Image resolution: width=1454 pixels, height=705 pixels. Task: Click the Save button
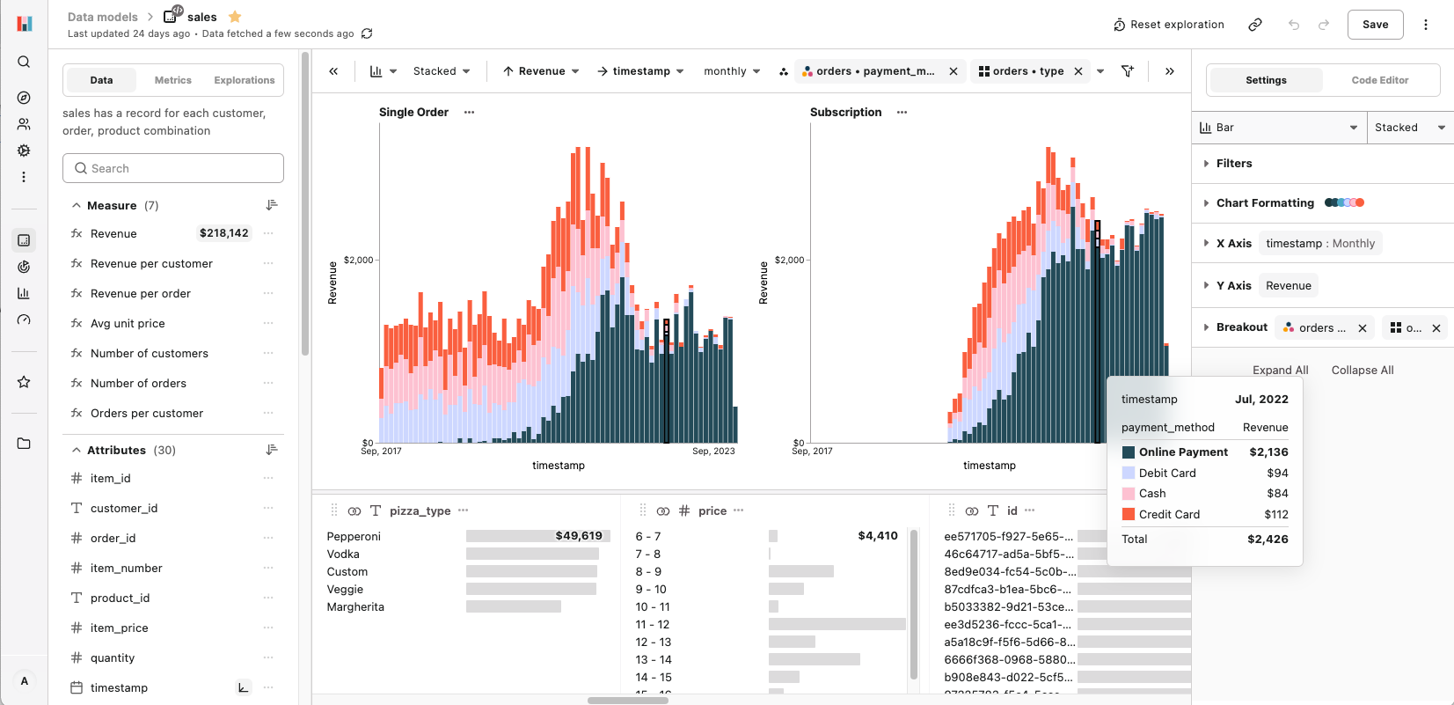click(1375, 25)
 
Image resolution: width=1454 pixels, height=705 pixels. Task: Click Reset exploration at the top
click(1168, 25)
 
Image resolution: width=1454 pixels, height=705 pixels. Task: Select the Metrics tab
click(172, 80)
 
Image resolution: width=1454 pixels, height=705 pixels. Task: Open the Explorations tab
click(244, 80)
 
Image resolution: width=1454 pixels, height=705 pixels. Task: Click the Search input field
click(173, 168)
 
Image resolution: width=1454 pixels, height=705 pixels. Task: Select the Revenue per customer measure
click(151, 263)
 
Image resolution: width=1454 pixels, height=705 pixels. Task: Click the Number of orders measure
click(138, 383)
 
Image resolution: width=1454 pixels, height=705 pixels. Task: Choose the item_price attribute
click(119, 628)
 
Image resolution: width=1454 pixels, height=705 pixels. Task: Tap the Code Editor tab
click(1379, 80)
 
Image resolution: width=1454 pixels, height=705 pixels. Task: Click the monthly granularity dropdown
click(731, 71)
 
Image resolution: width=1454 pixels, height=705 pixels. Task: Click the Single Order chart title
click(413, 112)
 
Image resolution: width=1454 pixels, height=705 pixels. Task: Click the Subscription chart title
click(845, 112)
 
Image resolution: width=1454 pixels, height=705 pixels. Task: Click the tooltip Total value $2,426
click(1267, 539)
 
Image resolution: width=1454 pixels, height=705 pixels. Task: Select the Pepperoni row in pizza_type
click(354, 536)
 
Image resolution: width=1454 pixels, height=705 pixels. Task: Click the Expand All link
click(1280, 370)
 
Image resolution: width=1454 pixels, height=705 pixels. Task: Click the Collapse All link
click(1362, 370)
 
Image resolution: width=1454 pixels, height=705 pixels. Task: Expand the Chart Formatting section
click(1264, 202)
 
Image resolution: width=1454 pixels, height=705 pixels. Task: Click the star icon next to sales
click(235, 17)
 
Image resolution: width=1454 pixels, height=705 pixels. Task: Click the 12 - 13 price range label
click(653, 642)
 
